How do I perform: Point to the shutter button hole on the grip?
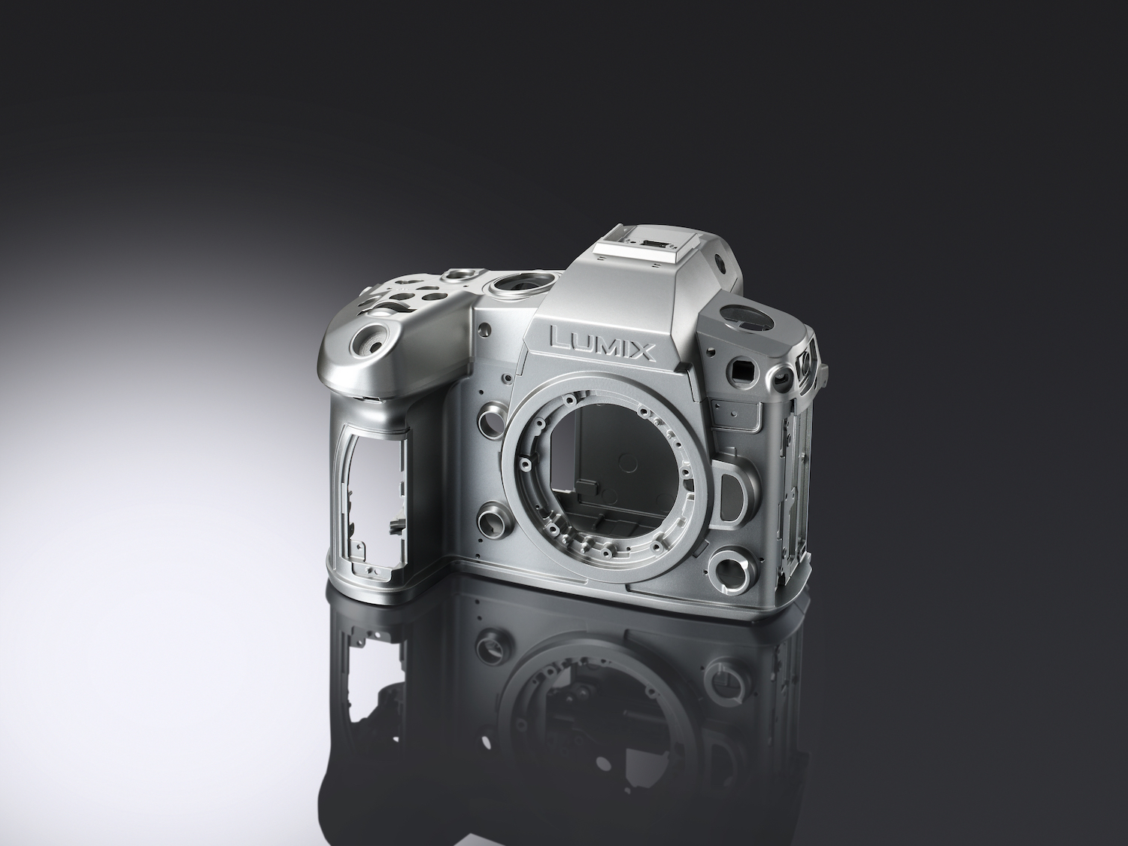371,340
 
